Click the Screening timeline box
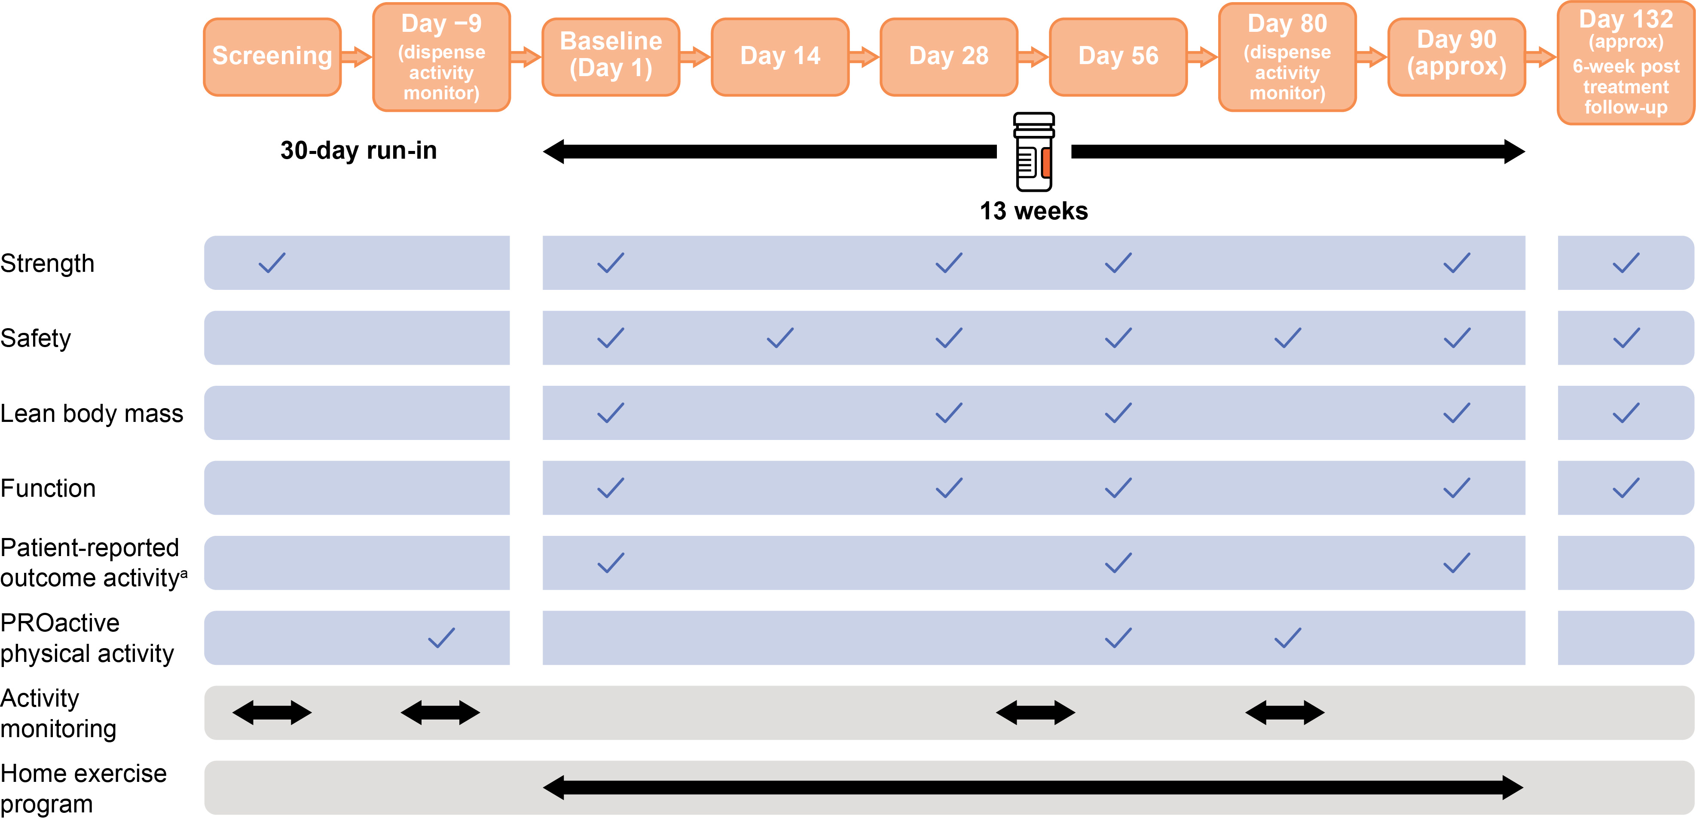272,57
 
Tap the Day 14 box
780,57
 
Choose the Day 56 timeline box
1118,57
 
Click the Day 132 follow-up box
1626,63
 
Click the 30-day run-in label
359,151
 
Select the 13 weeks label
1034,211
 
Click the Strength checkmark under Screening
272,263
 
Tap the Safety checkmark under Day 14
780,338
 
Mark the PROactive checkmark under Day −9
441,638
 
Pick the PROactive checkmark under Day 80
1287,638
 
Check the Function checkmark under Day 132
1626,488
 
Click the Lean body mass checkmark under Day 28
949,413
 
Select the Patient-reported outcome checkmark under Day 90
1456,563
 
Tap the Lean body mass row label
92,414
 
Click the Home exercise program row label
84,789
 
